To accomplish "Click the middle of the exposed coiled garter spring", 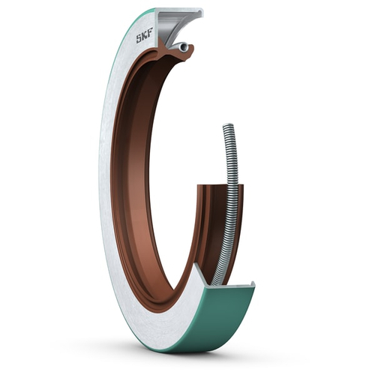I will (232, 202).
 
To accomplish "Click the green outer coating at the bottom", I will (225, 315).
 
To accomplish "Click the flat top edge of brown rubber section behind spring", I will (210, 185).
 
